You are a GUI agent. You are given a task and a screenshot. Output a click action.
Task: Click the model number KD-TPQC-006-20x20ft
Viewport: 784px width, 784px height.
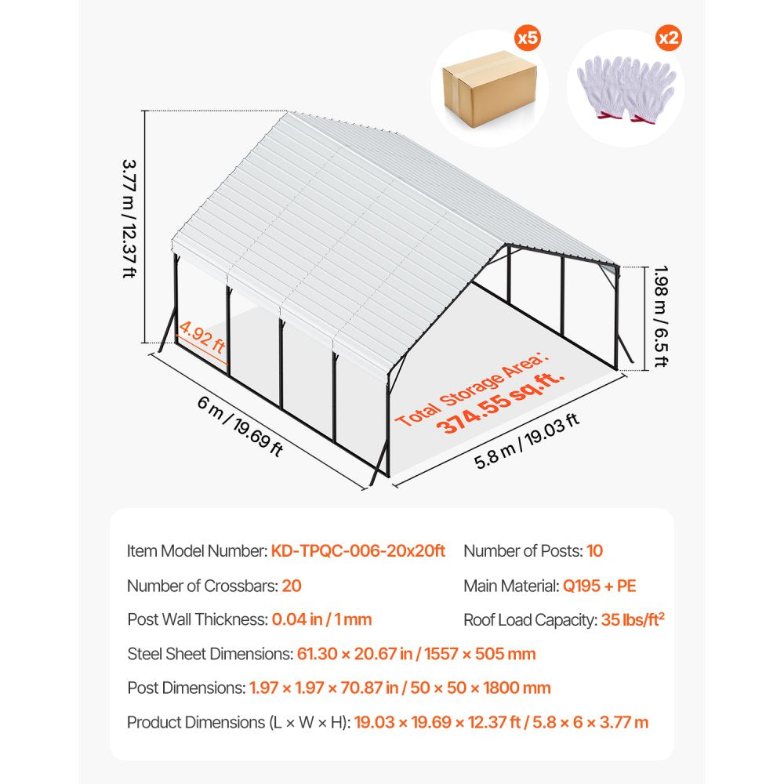point(358,551)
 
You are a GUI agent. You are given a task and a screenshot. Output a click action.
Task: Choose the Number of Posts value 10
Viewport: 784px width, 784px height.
point(594,551)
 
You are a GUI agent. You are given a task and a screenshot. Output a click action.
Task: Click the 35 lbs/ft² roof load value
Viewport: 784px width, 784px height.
point(633,620)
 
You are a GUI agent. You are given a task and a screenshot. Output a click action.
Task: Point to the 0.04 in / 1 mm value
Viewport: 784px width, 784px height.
point(321,619)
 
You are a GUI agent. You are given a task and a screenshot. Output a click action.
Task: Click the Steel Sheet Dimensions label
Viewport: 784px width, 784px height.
point(209,654)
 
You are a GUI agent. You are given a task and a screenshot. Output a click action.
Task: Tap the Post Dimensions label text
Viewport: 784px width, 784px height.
point(186,688)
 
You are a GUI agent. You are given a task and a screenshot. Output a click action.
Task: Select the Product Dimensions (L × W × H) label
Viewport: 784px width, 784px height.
point(238,722)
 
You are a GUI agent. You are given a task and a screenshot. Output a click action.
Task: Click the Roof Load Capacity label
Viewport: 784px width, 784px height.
point(530,620)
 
